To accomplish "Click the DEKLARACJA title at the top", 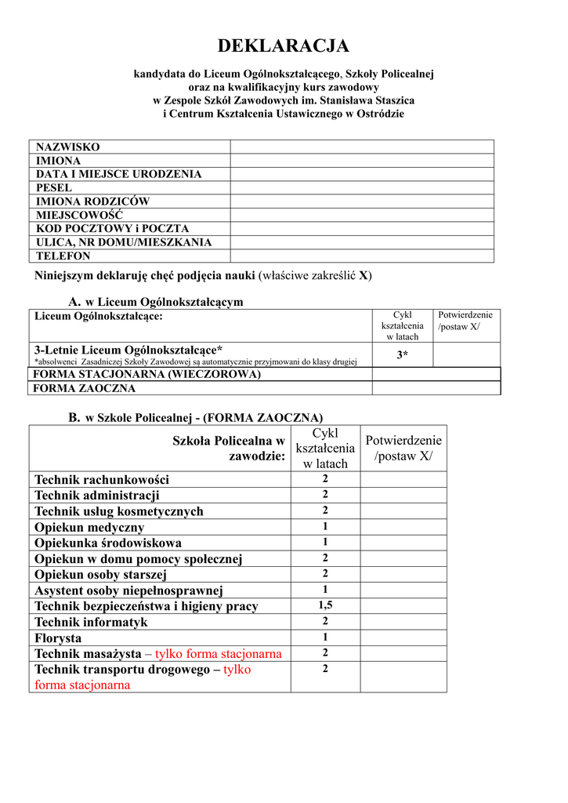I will click(x=284, y=46).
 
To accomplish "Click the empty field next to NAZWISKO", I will click(x=361, y=147).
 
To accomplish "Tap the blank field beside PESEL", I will click(x=361, y=188).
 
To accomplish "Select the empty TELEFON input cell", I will click(x=361, y=256).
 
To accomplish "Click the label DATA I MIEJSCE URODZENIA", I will click(x=119, y=174).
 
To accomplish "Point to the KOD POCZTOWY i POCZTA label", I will click(x=113, y=229).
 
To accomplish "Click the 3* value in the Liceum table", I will click(x=402, y=355).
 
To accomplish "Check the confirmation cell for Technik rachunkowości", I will click(x=403, y=479).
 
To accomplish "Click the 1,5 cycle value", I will click(x=325, y=605).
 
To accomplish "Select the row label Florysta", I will click(x=58, y=638).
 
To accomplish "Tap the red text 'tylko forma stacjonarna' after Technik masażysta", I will click(x=219, y=654).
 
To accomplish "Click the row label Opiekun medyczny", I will click(x=89, y=527).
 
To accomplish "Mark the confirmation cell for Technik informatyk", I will click(x=403, y=622).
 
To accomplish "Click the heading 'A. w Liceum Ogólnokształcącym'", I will click(x=156, y=302).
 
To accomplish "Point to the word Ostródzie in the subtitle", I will click(x=380, y=114).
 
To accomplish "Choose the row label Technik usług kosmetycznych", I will click(x=119, y=511).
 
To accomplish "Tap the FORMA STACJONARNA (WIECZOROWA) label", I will click(x=147, y=375).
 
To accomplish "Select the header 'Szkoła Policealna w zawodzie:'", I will click(x=229, y=449).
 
